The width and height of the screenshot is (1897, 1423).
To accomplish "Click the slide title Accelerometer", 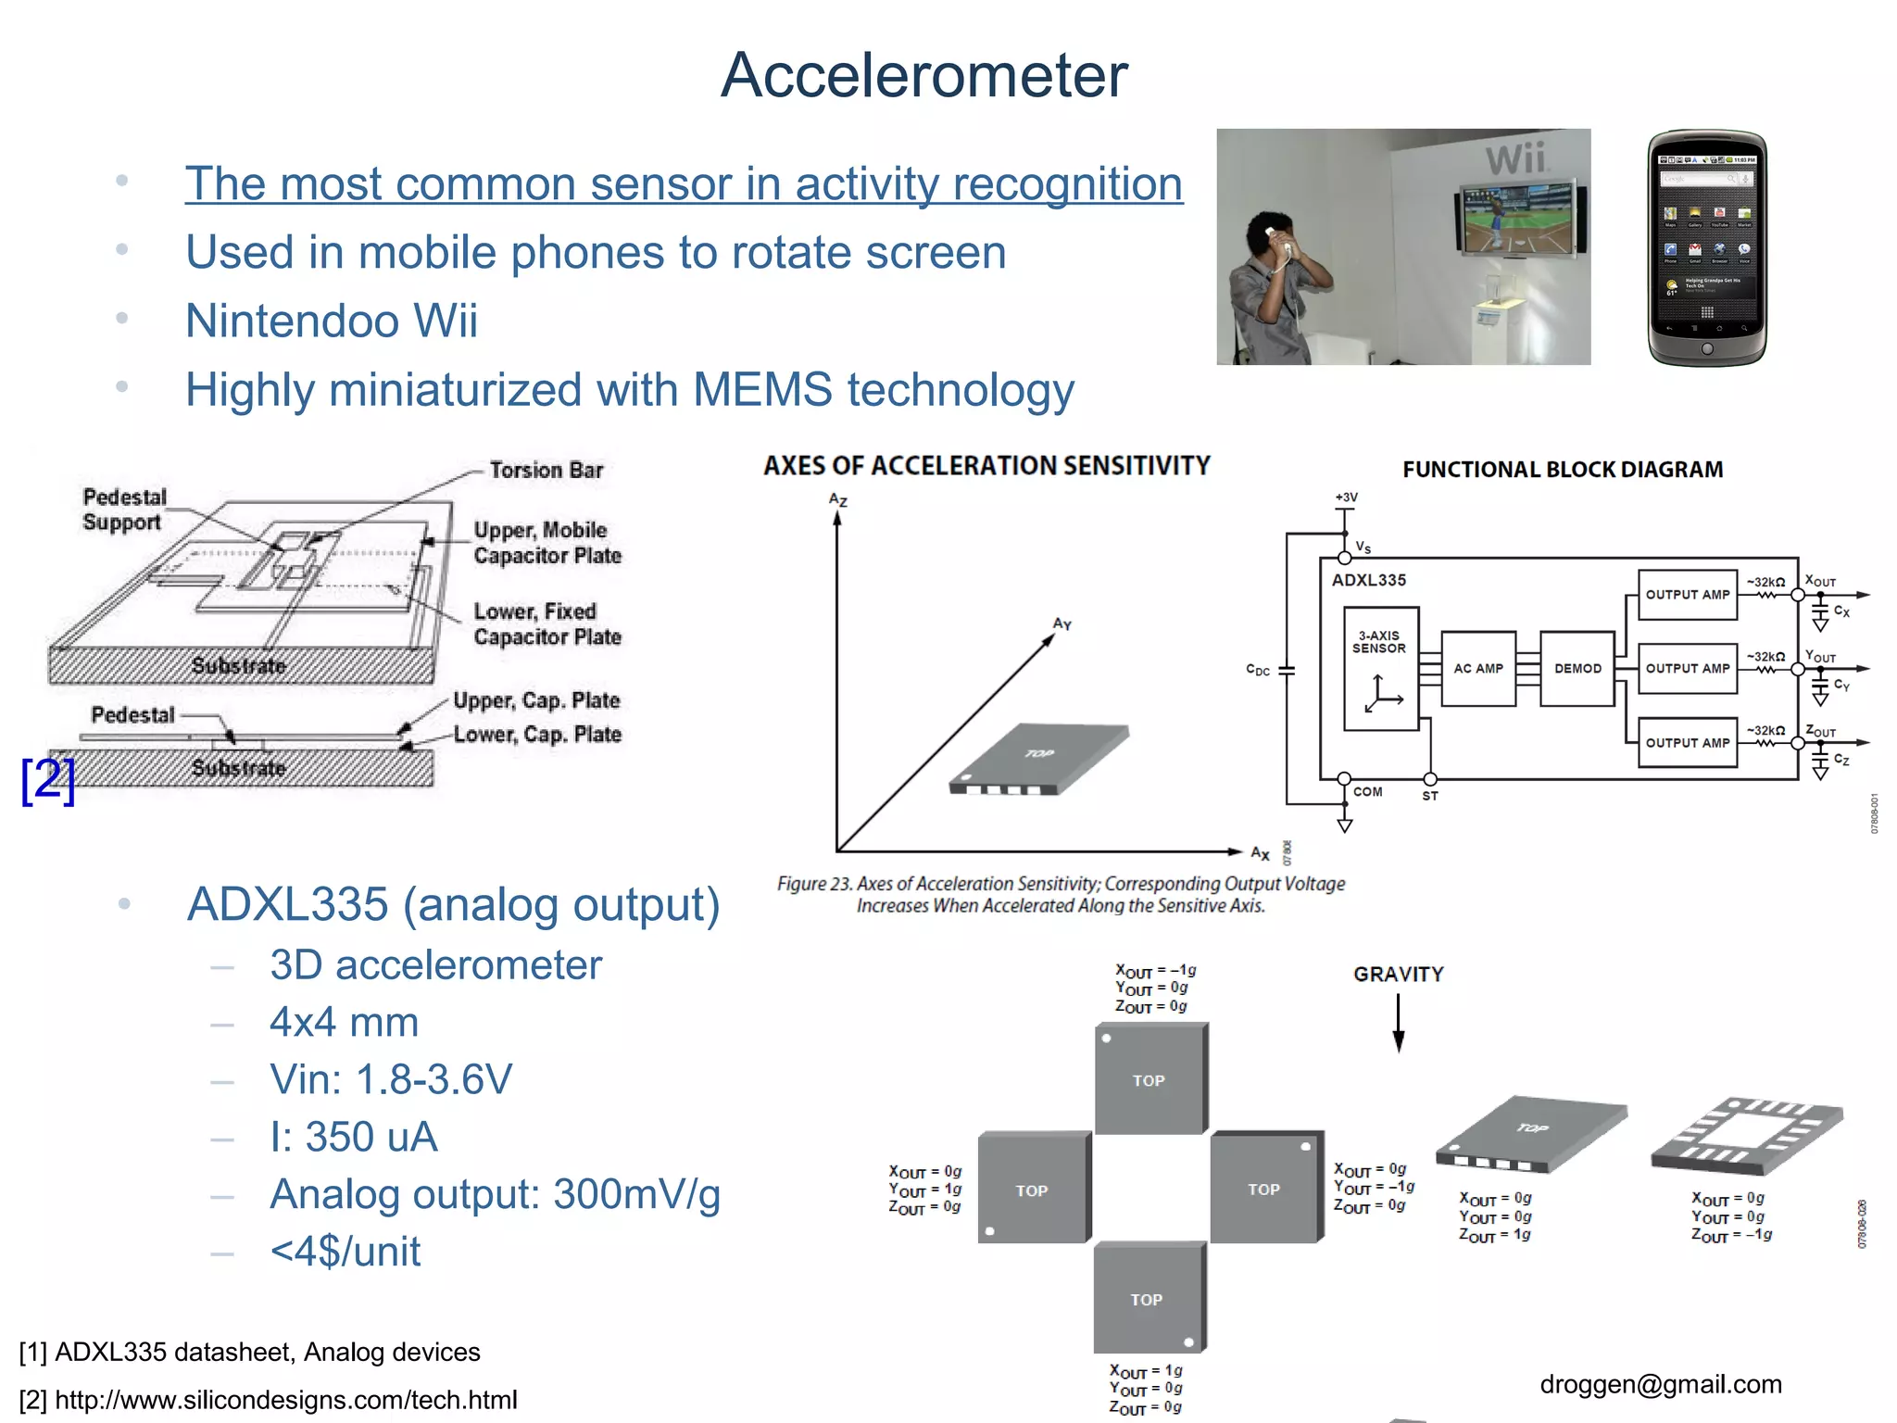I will click(x=923, y=76).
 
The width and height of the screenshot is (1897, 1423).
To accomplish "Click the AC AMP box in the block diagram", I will click(x=1477, y=668).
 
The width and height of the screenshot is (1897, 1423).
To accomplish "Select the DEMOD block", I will click(x=1577, y=668).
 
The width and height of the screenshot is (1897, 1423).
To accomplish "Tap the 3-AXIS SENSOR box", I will click(x=1380, y=668).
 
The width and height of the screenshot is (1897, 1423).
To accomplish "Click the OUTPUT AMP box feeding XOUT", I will click(x=1687, y=595).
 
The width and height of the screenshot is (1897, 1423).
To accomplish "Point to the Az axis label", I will click(x=838, y=500).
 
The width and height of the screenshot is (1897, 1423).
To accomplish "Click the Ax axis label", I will click(x=1260, y=853).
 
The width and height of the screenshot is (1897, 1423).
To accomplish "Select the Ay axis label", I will click(x=1062, y=624).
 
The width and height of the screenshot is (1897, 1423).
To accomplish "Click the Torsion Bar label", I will click(x=546, y=471).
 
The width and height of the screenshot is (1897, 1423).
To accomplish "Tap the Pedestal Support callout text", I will click(x=124, y=510).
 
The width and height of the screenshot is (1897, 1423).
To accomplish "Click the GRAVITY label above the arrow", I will click(x=1398, y=975).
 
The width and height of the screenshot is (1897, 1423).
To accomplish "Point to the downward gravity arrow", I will click(x=1399, y=1024).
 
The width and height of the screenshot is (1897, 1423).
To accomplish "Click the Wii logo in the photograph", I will click(x=1515, y=159).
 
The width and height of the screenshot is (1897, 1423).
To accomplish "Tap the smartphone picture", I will click(x=1706, y=247).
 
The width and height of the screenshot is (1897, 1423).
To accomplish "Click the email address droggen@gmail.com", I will click(x=1660, y=1384).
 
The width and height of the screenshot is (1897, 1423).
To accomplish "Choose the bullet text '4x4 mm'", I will click(x=344, y=1023).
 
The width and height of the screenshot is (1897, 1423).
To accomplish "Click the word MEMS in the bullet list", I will click(x=761, y=390).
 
